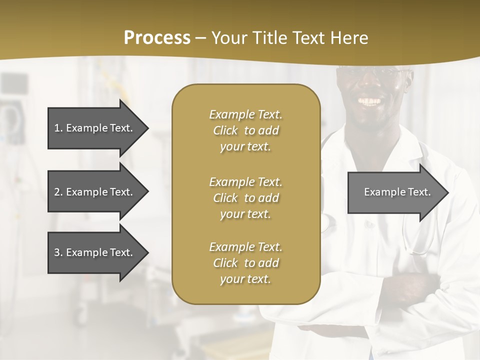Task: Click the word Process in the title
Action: (157, 38)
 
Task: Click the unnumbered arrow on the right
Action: (395, 192)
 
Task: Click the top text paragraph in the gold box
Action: (245, 130)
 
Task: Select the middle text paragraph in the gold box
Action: (245, 197)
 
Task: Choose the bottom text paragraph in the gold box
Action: (245, 262)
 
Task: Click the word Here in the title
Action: (349, 38)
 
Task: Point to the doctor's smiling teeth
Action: (370, 101)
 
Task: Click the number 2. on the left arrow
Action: (58, 192)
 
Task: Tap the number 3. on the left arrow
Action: (58, 252)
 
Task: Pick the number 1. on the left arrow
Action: (58, 128)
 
